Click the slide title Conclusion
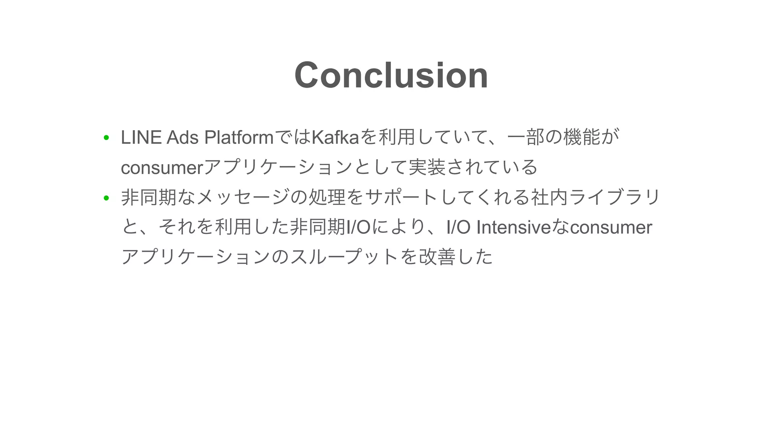[x=391, y=75]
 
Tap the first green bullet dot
[x=106, y=138]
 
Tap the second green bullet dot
[x=106, y=198]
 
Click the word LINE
[x=141, y=137]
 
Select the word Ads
[x=182, y=137]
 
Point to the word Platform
[x=239, y=137]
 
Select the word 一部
[x=526, y=137]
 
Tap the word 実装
[x=427, y=167]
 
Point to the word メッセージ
[x=243, y=198]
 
